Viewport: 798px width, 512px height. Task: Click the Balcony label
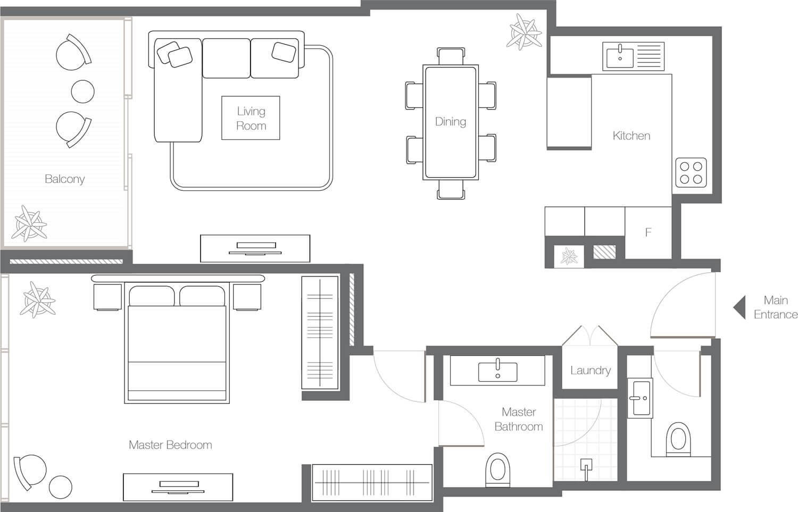[65, 179]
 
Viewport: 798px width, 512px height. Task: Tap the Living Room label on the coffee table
[251, 118]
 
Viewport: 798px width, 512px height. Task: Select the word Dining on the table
[451, 121]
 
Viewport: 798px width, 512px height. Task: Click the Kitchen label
[631, 136]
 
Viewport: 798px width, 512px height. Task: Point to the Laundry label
[591, 370]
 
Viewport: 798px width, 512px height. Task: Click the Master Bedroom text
[170, 444]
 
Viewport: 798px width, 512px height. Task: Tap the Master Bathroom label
[519, 419]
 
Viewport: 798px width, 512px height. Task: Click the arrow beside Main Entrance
[739, 307]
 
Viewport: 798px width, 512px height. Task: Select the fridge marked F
[649, 232]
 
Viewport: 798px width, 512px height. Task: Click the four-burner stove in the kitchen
[691, 173]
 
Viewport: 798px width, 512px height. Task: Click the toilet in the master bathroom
[497, 469]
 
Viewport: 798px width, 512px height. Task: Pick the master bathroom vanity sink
[497, 372]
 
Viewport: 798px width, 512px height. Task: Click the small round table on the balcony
[82, 91]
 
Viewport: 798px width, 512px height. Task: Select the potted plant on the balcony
[29, 224]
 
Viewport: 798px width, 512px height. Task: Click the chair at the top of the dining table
[451, 56]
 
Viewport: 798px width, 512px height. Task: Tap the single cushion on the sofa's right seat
[284, 52]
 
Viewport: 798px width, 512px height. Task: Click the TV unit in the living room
[255, 248]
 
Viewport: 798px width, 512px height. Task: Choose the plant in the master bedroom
[38, 300]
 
